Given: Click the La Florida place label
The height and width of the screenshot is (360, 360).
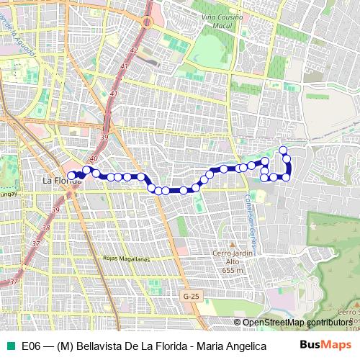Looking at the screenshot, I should tap(60, 180).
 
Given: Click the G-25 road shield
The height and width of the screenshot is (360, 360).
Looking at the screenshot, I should tap(191, 296).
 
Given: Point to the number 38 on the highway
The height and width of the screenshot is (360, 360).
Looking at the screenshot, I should tap(45, 228).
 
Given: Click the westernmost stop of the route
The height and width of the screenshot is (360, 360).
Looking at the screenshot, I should tap(71, 174).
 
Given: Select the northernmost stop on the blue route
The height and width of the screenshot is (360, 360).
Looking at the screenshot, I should tap(283, 150).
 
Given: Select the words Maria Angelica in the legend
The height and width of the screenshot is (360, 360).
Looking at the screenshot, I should tap(225, 346).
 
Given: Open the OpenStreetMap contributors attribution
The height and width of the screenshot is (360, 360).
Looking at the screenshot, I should tap(297, 322).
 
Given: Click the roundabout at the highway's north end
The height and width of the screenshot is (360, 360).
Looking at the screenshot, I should tap(147, 22).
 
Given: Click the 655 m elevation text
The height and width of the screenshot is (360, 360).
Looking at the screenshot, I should tap(230, 270).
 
